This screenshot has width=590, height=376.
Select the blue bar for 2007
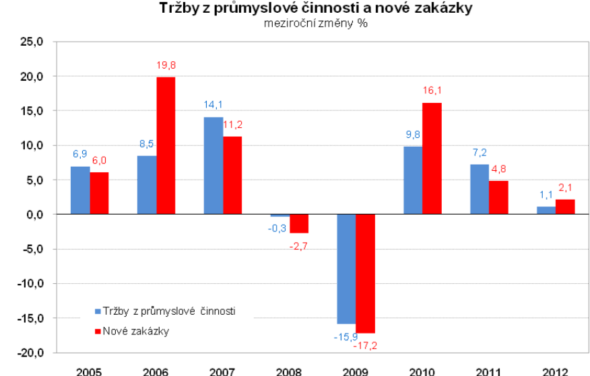click(x=214, y=165)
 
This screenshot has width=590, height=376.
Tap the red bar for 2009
click(x=365, y=273)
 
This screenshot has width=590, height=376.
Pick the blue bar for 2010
click(x=413, y=180)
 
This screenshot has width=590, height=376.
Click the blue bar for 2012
click(x=546, y=211)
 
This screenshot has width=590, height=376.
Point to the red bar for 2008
click(x=299, y=223)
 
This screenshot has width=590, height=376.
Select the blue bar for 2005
click(x=80, y=190)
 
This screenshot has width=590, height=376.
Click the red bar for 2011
click(x=498, y=198)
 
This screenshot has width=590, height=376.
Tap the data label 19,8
click(x=166, y=65)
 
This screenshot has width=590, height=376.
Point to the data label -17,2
click(x=367, y=345)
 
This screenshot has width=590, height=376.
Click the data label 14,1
click(x=213, y=105)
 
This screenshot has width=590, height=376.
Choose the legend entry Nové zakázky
click(x=135, y=331)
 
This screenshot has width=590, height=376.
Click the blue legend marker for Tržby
click(x=98, y=311)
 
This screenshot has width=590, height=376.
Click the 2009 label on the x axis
click(x=355, y=371)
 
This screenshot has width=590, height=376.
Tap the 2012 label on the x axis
click(x=555, y=371)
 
